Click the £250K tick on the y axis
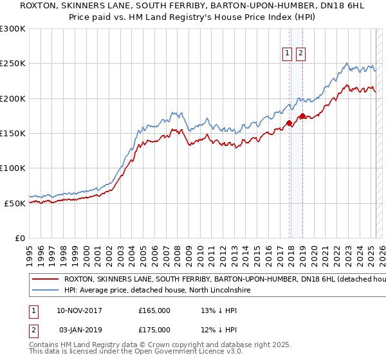[x=13, y=64]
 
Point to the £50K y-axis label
[x=15, y=203]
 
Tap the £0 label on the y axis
[x=20, y=238]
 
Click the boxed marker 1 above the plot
[x=286, y=54]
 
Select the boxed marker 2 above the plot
[x=300, y=54]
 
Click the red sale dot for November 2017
[x=289, y=123]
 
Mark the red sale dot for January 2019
[x=302, y=116]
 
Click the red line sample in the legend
[x=45, y=280]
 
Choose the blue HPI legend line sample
[x=45, y=291]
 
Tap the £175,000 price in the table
[x=154, y=330]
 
